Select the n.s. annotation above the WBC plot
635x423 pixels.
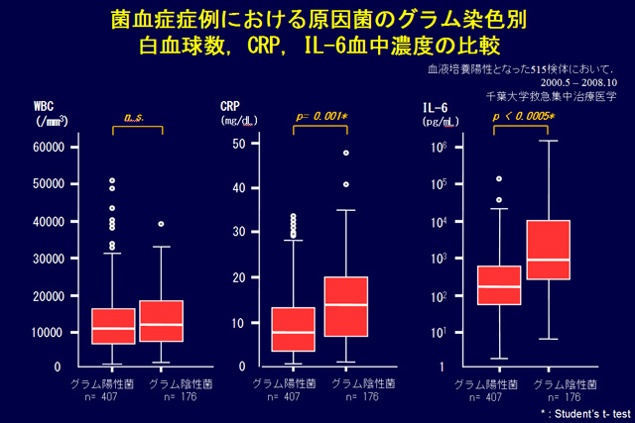coord(134,118)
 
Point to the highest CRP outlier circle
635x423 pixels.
coord(346,153)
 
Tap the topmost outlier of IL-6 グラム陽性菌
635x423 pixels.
coord(499,179)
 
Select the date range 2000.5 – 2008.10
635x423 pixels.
coord(565,83)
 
